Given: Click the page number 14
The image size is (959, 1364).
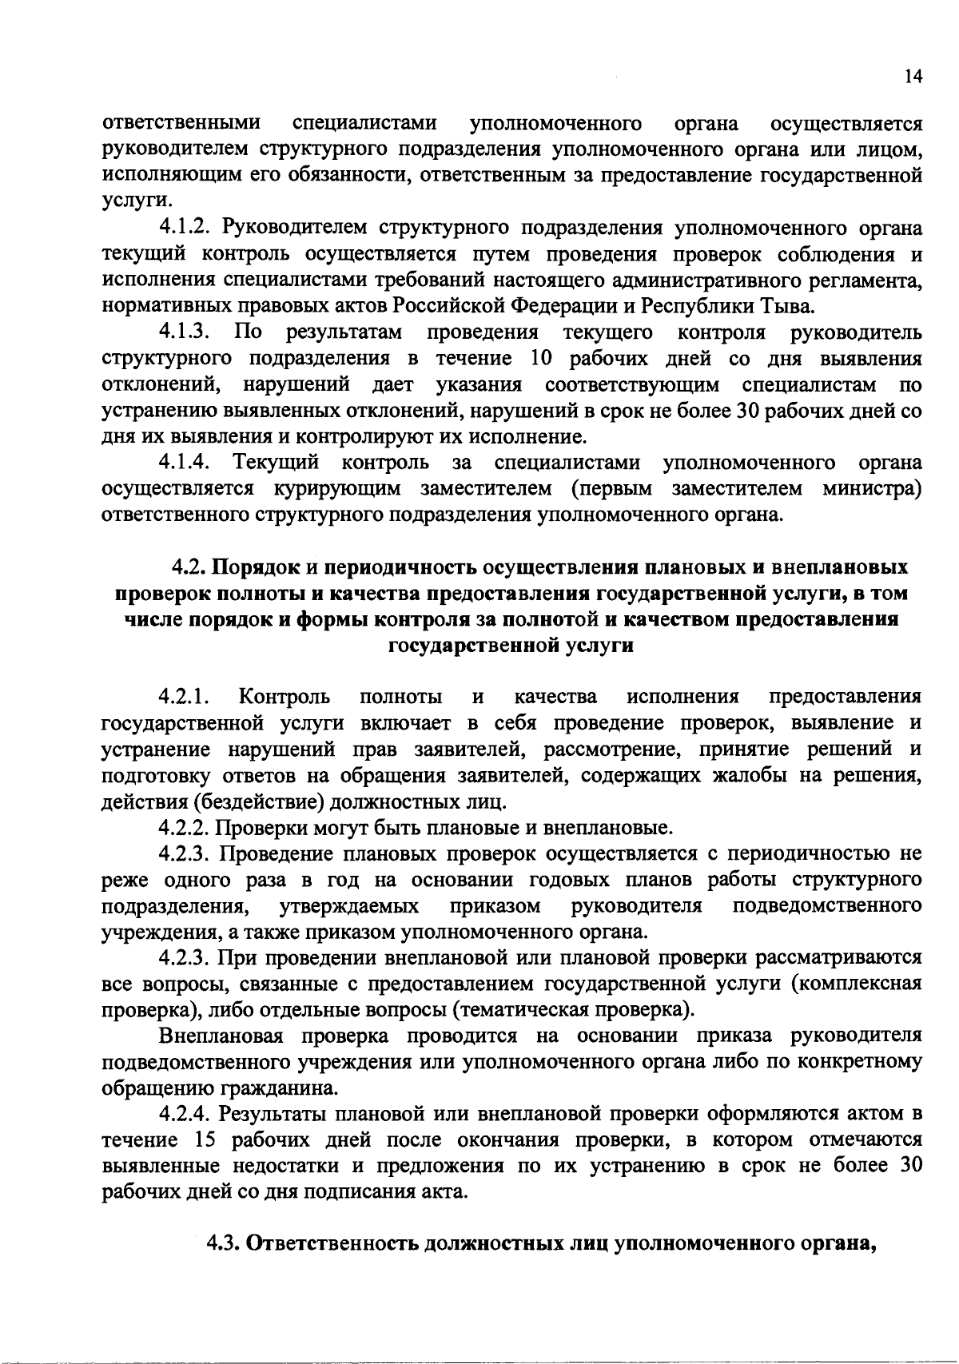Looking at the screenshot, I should click(913, 76).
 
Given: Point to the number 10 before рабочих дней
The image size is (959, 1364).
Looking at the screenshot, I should click(544, 358).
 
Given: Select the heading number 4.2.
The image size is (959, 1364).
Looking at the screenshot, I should click(189, 567).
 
